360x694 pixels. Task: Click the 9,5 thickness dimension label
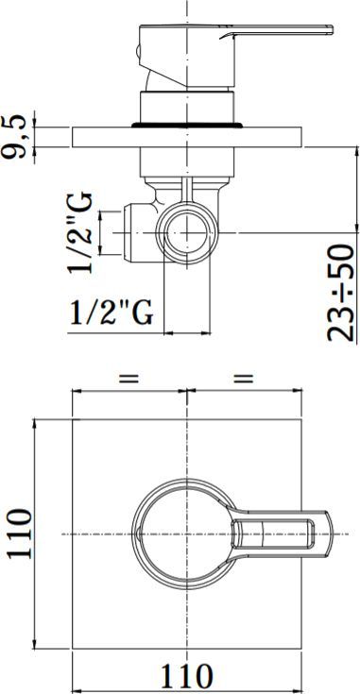pos(16,137)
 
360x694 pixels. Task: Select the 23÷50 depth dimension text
pos(341,293)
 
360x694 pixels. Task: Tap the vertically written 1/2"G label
pos(79,232)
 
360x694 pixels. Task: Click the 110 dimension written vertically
pos(19,534)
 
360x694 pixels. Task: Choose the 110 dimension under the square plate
pos(186,675)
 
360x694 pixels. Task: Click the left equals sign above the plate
pos(129,378)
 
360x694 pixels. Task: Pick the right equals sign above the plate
pos(244,378)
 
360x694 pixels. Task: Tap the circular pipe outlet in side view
pos(187,232)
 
